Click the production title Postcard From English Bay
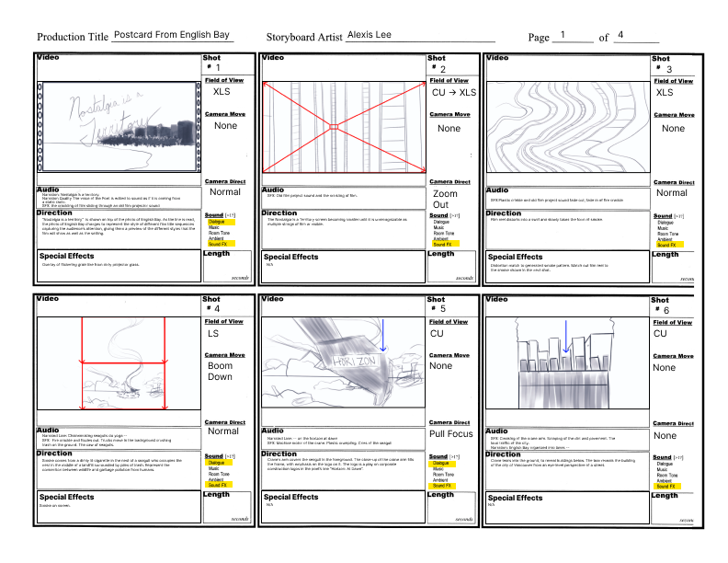point(172,35)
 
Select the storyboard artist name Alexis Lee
point(369,35)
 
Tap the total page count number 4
point(621,35)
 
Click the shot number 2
point(443,69)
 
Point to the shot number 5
point(442,308)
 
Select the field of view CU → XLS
point(453,92)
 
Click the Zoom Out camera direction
point(446,199)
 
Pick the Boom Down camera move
point(220,371)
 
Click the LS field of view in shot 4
point(213,333)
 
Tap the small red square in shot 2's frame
point(335,126)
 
